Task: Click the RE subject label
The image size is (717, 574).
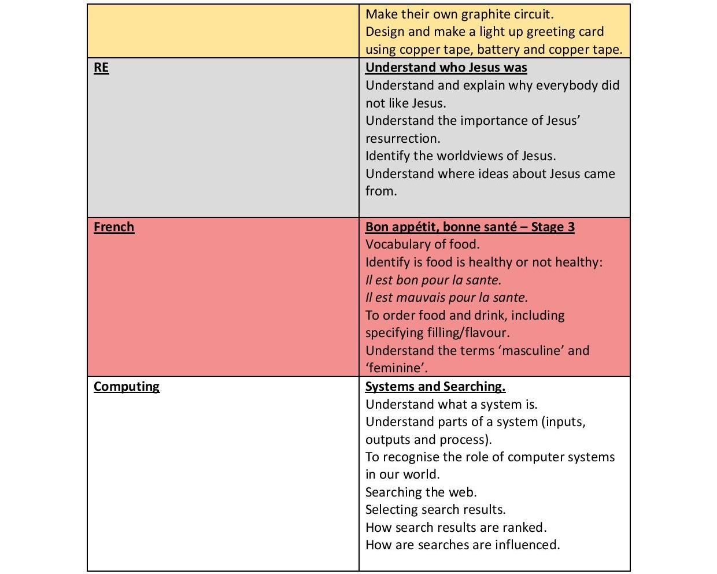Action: tap(101, 68)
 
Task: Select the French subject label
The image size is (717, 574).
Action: tap(114, 227)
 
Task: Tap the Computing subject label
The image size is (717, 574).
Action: tap(127, 387)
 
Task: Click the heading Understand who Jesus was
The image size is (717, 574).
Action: tap(446, 68)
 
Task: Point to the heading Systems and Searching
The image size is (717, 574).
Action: tap(435, 387)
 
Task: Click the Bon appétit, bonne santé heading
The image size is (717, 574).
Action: tap(470, 227)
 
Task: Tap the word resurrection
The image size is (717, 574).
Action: tap(402, 139)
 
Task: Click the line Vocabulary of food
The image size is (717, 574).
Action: tap(422, 245)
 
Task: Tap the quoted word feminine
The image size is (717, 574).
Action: tap(396, 368)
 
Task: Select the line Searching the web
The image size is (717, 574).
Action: tap(421, 492)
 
